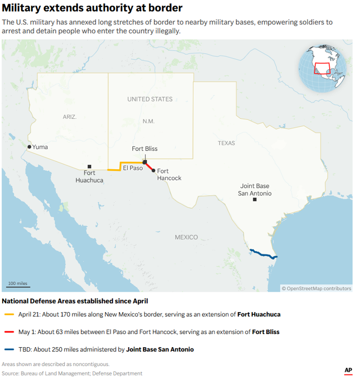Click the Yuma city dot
(x=29, y=147)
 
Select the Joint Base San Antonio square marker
(x=255, y=200)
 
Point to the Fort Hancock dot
(x=153, y=170)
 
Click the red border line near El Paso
(x=149, y=167)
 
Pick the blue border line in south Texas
(x=263, y=254)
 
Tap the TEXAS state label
(x=227, y=143)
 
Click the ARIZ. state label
(x=69, y=117)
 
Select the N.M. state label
(x=149, y=121)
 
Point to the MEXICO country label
(x=186, y=237)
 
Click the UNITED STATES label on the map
(x=150, y=99)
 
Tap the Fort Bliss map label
(x=144, y=149)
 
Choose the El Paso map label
(x=133, y=168)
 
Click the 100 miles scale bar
(x=18, y=286)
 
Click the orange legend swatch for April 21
(x=9, y=315)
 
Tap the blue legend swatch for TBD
(x=9, y=349)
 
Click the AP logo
(x=348, y=370)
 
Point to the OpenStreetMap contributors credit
(x=317, y=288)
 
